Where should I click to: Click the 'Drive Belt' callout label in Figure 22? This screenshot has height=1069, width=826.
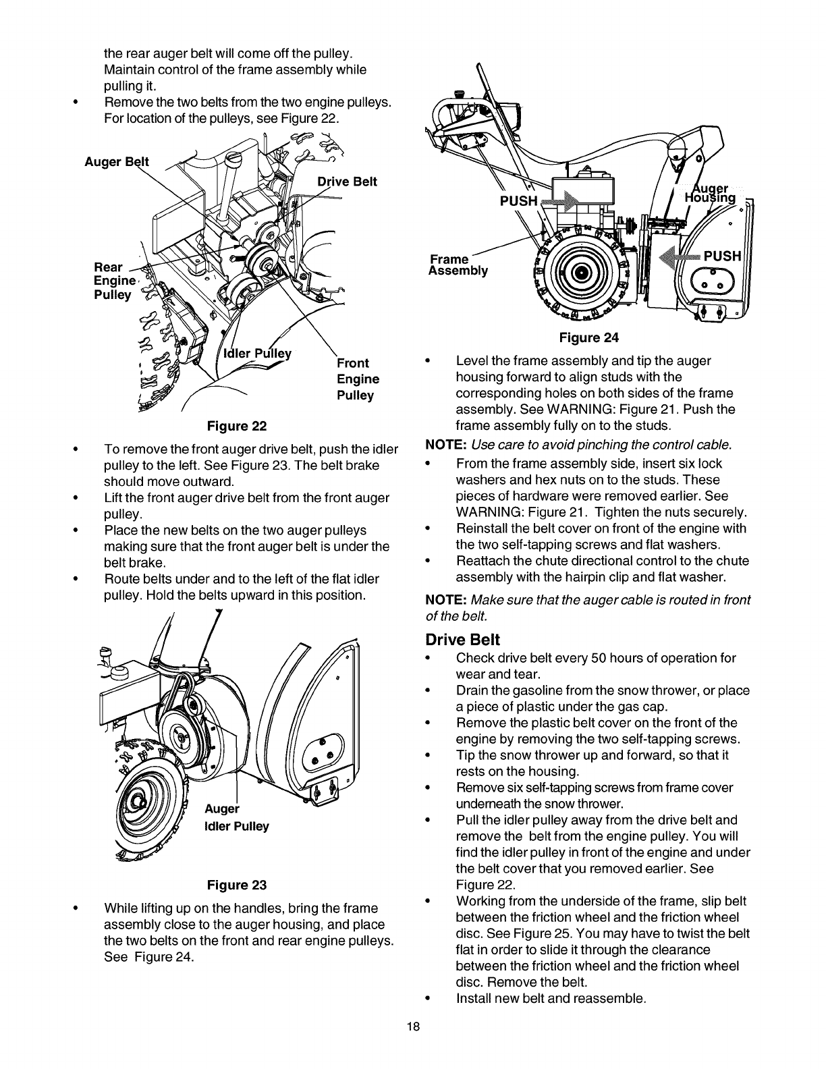pos(347,181)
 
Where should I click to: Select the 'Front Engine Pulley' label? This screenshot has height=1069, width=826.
pos(357,379)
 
